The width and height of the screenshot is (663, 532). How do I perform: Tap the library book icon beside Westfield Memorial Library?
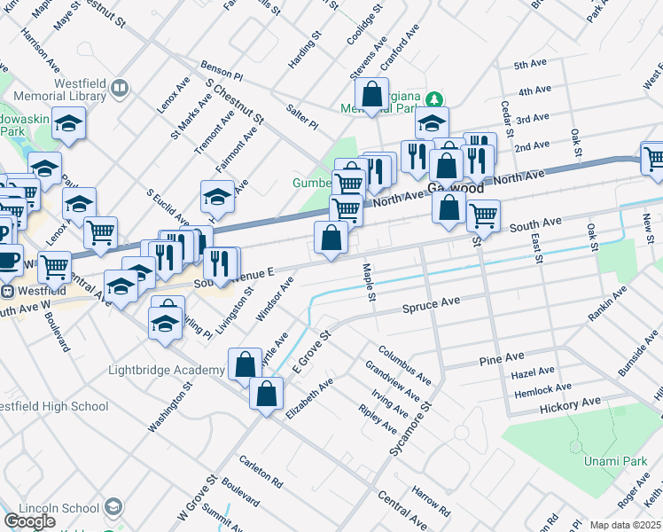pyautogui.click(x=119, y=89)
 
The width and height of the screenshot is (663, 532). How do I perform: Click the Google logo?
pyautogui.click(x=29, y=520)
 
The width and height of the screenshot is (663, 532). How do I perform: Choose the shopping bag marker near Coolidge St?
pyautogui.click(x=371, y=93)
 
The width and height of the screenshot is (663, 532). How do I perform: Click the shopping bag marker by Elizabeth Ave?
pyautogui.click(x=266, y=393)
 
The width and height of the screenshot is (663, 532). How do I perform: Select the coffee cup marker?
pyautogui.click(x=9, y=260)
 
